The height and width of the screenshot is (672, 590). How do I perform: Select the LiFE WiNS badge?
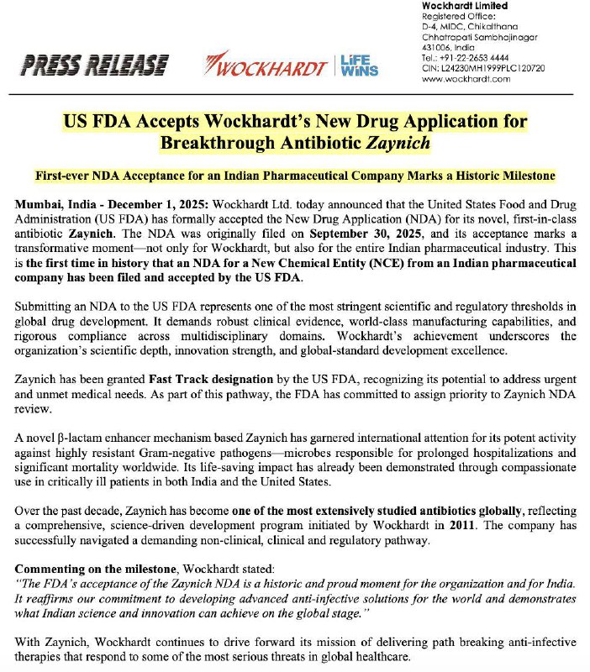pyautogui.click(x=361, y=65)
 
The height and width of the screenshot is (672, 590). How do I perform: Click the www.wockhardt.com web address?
pyautogui.click(x=465, y=78)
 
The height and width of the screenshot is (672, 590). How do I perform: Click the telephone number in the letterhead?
pyautogui.click(x=466, y=57)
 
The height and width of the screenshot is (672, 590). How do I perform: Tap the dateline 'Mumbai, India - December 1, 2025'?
pyautogui.click(x=114, y=204)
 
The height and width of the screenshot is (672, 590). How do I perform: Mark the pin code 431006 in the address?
pyautogui.click(x=438, y=47)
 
